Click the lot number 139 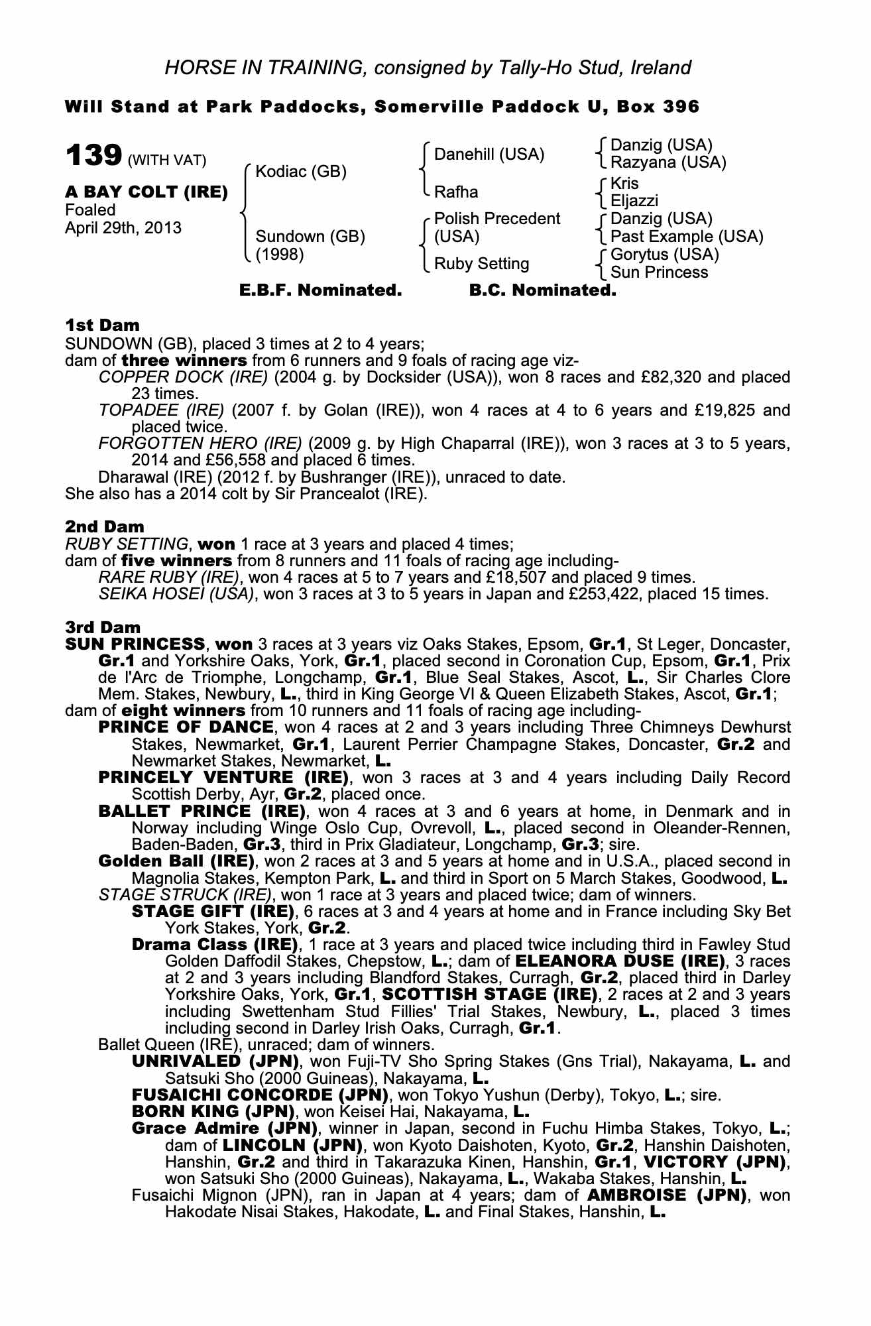pos(93,156)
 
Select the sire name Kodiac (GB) pos(301,172)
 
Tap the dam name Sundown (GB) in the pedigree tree pos(310,237)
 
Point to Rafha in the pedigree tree pos(456,192)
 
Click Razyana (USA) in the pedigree pos(668,162)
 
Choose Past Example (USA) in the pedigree pos(687,237)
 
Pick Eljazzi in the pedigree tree pos(634,201)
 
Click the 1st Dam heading pos(103,325)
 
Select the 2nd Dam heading pos(105,526)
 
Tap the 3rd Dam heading pos(103,627)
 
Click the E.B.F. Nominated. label pos(319,290)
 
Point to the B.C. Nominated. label pos(542,290)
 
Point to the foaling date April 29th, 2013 pos(123,228)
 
